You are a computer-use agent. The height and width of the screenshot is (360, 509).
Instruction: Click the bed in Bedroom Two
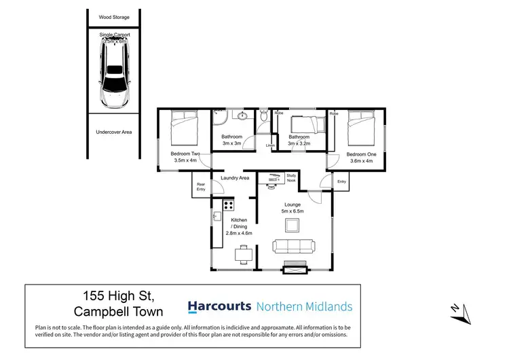tap(184, 127)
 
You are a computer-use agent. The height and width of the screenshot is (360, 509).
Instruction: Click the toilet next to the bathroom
tap(263, 116)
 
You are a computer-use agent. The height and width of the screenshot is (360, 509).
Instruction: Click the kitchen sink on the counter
tap(216, 217)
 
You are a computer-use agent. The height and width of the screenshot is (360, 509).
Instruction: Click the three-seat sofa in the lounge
tap(293, 247)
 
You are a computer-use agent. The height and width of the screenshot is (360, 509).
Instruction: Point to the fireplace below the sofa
tap(293, 268)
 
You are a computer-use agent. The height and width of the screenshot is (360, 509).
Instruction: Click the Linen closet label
tap(270, 145)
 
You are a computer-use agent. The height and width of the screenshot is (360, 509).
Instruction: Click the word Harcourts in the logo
tap(219, 306)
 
